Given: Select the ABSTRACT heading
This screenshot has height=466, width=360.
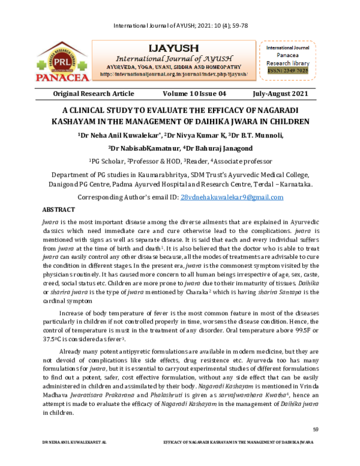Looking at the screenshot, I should (58, 210).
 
